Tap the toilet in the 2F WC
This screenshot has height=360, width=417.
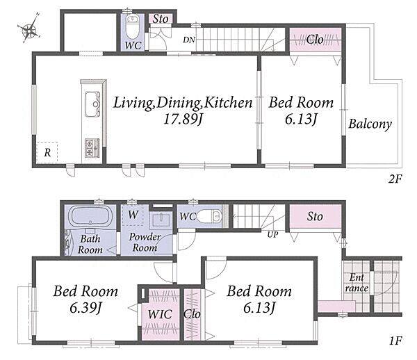pos(131,26)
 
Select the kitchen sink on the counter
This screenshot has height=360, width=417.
pos(92,104)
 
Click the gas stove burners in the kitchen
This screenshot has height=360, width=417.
pos(92,147)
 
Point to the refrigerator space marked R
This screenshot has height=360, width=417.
pos(47,153)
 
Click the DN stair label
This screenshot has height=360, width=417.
pos(189,40)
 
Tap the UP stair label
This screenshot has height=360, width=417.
pos(272,234)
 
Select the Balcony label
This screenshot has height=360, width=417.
pos(370,124)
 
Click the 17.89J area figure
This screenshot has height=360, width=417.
pos(183,119)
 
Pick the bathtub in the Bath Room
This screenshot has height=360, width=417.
pos(90,216)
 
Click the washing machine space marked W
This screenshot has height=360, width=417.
pos(133,215)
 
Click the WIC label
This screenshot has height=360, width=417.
pos(160,315)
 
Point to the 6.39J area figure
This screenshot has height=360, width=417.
pos(85,308)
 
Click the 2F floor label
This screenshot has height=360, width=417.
pos(395,179)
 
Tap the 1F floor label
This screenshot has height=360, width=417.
pos(395,341)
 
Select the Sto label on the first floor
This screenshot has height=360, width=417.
pos(315,216)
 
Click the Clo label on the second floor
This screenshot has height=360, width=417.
pos(315,40)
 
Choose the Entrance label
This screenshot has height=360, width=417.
pos(357,283)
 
